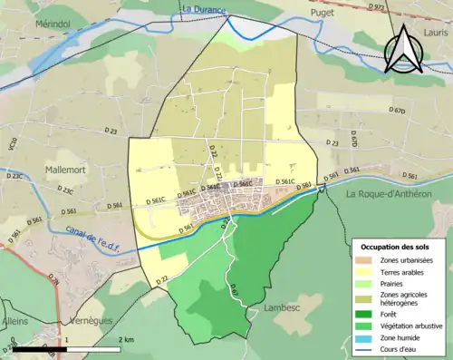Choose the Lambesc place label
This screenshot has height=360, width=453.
click(x=280, y=307)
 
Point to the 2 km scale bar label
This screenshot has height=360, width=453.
click(x=127, y=339)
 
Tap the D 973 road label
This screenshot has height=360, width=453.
click(x=379, y=6)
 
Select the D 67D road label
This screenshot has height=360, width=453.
click(x=397, y=111)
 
